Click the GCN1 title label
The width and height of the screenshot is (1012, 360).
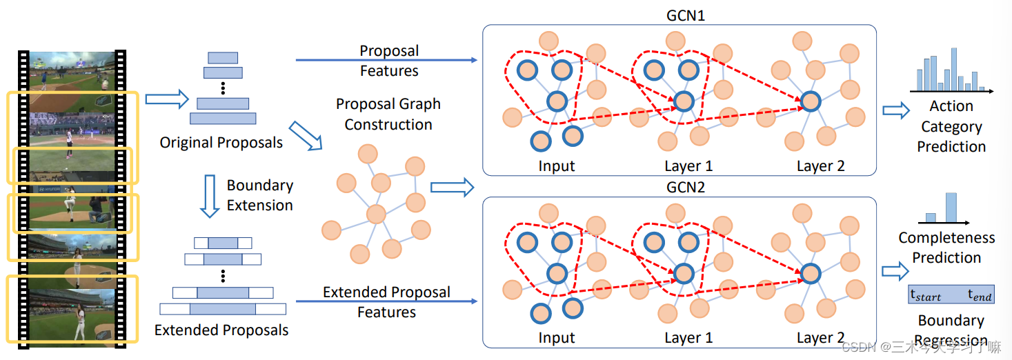686,15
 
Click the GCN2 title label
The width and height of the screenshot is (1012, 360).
686,187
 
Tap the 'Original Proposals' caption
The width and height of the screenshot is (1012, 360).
221,143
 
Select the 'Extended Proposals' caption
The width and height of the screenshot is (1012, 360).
221,330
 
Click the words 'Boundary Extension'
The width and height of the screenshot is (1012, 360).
259,195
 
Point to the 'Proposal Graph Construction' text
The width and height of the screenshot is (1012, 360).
388,114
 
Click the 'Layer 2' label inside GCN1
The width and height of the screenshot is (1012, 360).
820,166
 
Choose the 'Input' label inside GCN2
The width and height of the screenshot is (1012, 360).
556,338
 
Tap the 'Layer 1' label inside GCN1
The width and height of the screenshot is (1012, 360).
688,166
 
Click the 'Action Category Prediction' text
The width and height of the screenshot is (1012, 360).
951,126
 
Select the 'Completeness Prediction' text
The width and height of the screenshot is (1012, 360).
946,248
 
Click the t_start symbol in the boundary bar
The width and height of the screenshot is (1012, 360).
926,296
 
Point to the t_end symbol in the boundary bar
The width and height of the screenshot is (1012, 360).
980,296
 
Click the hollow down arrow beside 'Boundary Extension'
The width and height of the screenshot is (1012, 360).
209,195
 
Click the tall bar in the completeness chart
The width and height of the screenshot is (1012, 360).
951,207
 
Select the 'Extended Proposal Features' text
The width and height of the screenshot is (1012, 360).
386,302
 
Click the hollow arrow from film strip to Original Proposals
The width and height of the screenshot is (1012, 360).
168,99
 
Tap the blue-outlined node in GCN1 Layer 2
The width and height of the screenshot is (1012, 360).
810,101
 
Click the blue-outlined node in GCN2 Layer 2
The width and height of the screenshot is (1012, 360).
810,273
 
